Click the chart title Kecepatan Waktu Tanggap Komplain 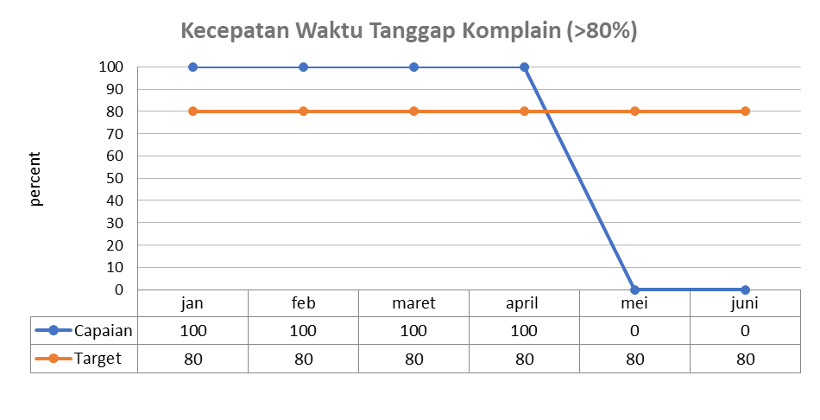(x=409, y=32)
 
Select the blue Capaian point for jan (x=192, y=67)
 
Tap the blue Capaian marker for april (x=524, y=67)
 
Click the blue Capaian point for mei (x=634, y=290)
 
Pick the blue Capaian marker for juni (x=745, y=290)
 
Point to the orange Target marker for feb (x=303, y=111)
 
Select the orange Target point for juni (x=745, y=111)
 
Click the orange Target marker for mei (x=634, y=111)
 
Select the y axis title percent (x=36, y=179)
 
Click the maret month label (x=413, y=303)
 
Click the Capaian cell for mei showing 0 (x=634, y=330)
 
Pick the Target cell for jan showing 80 (x=192, y=358)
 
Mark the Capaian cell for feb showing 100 (x=303, y=330)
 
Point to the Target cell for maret (x=413, y=358)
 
